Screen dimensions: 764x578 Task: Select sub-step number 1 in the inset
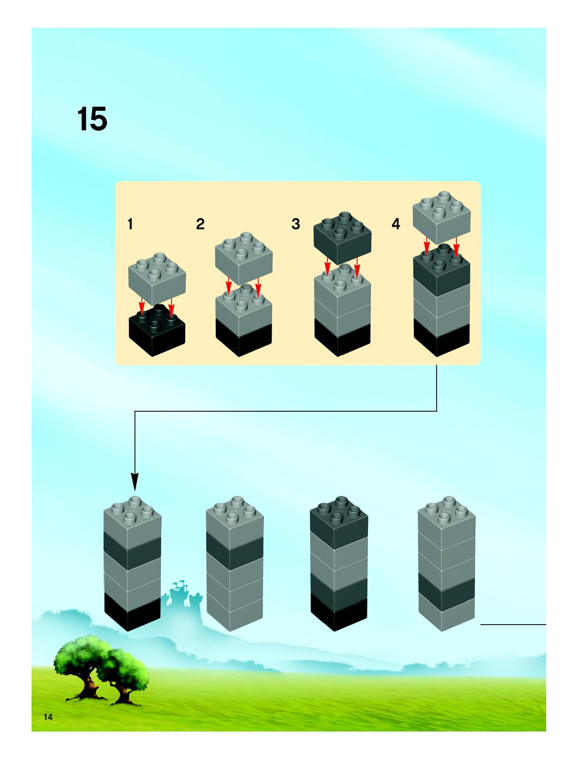coord(130,224)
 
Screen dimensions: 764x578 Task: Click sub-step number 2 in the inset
coord(200,224)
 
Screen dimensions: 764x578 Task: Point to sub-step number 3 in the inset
coord(296,224)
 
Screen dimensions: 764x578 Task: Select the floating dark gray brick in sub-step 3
coord(342,238)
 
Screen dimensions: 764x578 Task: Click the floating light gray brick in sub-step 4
coord(442,218)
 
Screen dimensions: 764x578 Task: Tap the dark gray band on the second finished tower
coord(235,551)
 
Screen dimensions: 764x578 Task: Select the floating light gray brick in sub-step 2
coord(244,257)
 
